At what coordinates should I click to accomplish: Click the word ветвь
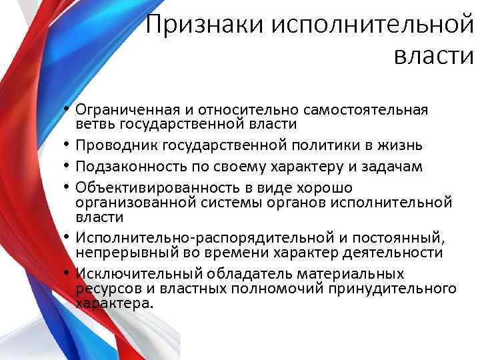(x=93, y=124)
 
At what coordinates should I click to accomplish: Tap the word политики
(x=320, y=145)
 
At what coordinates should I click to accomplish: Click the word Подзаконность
(x=124, y=167)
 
